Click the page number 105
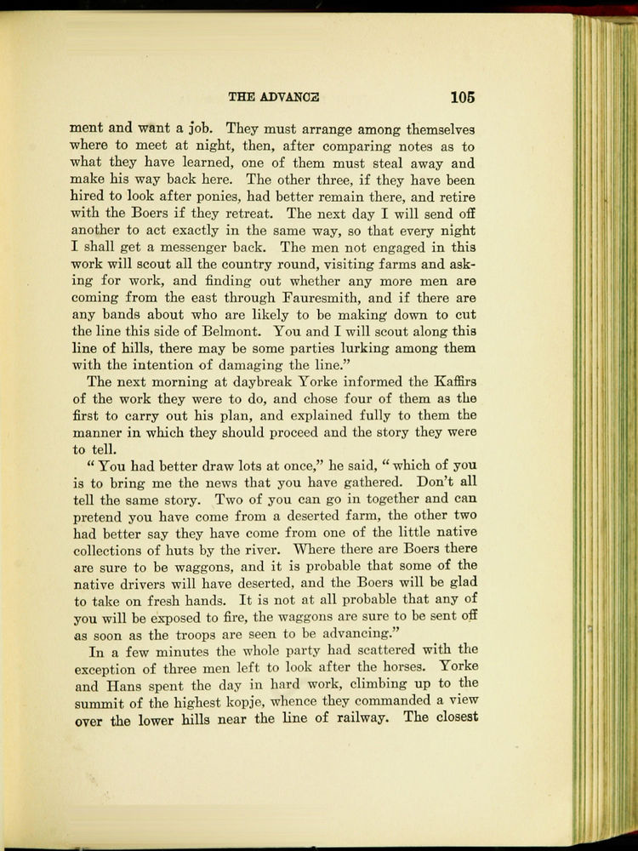tap(463, 96)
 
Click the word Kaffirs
tap(446, 380)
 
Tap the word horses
tap(378, 666)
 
